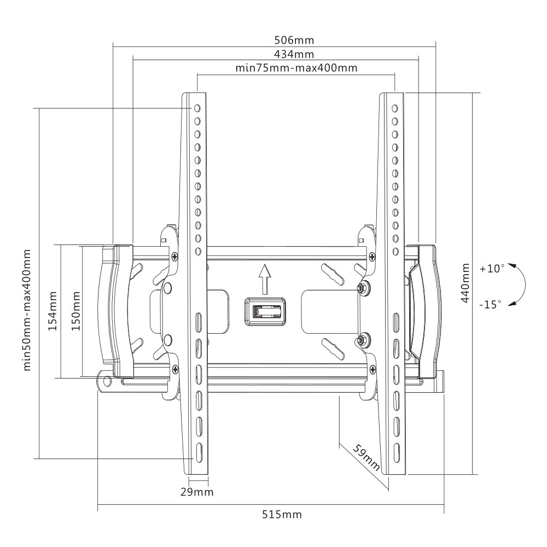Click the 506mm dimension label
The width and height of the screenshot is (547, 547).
point(294,40)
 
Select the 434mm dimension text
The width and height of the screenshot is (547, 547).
point(294,54)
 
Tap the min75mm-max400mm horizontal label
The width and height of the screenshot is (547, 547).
point(296,67)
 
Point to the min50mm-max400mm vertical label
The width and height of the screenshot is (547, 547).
point(27,310)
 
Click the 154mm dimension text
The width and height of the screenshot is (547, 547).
point(53,311)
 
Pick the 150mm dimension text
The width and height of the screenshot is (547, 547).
point(75,311)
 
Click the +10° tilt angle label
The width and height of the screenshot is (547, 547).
point(492,269)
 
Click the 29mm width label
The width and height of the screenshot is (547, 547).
point(197,492)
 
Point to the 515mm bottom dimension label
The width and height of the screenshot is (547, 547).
point(282,514)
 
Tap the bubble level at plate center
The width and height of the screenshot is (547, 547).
point(265,312)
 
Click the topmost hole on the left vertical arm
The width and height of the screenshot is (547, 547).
point(197,108)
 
